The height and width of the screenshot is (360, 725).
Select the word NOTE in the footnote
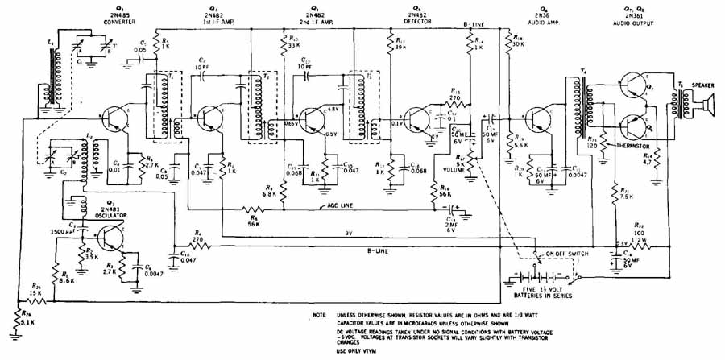(321, 314)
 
